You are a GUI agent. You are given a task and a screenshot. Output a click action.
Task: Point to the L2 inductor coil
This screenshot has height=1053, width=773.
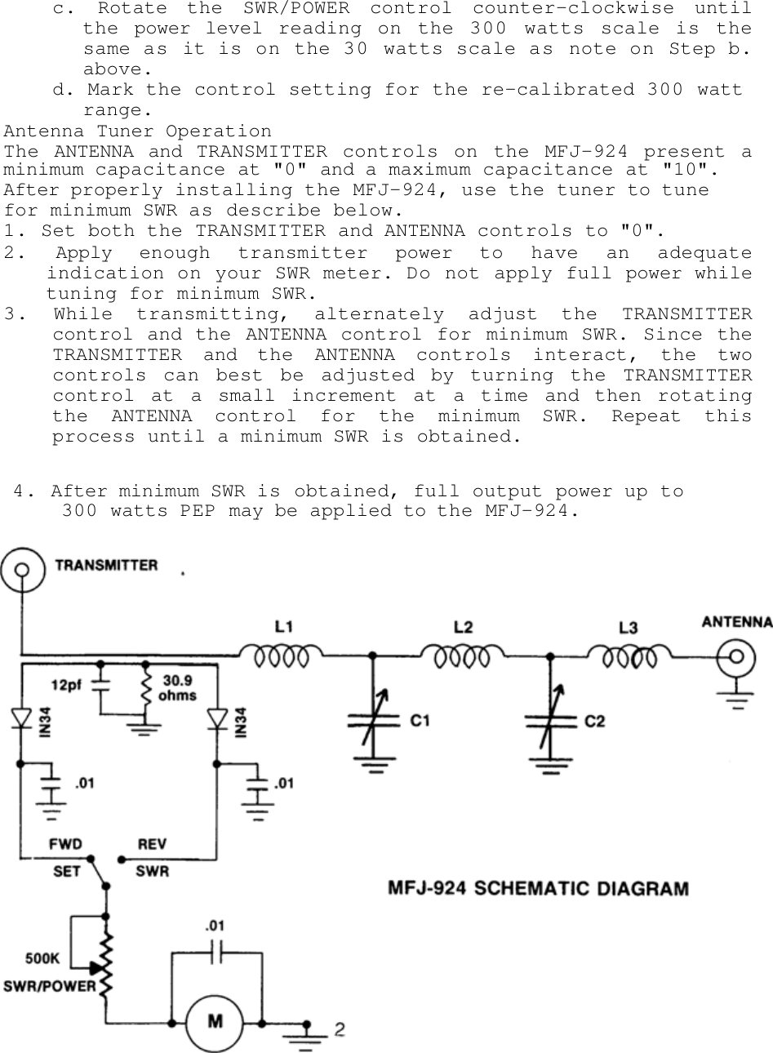coord(463,655)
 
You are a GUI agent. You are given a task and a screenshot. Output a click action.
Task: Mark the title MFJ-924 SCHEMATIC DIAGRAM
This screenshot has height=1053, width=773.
coord(538,888)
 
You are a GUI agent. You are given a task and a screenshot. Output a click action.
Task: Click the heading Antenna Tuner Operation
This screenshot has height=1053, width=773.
coord(138,131)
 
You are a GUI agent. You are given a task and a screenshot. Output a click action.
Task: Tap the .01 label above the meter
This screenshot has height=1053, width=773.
coord(216,926)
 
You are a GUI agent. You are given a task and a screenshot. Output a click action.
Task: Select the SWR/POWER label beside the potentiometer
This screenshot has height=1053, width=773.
coord(50,985)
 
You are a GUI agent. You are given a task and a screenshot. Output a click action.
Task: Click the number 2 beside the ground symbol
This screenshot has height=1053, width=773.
coord(338,1029)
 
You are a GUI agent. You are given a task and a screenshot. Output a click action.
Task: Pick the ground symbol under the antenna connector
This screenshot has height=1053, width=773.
coord(738,699)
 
